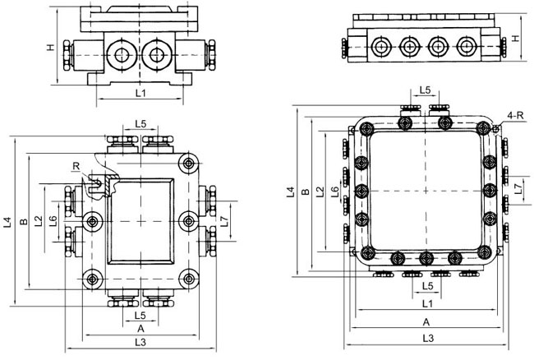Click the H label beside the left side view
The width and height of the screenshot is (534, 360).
click(x=50, y=48)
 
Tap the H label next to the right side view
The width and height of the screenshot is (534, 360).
click(x=515, y=39)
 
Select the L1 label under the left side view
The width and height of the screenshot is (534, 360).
click(x=140, y=95)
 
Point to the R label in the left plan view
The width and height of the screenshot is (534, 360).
click(x=76, y=167)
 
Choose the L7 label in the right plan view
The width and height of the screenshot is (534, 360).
click(x=517, y=188)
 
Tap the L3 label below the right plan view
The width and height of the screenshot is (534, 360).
click(x=427, y=338)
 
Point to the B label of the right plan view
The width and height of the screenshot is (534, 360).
click(x=306, y=192)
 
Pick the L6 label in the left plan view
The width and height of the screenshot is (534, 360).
click(x=52, y=220)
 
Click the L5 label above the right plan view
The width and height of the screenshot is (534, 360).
click(x=426, y=90)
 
